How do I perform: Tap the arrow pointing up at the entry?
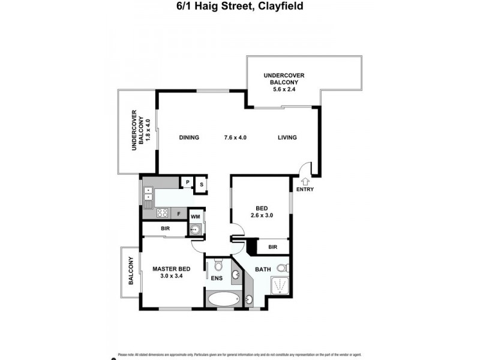(304, 181)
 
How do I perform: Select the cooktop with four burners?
(163, 212)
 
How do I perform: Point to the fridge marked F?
(179, 213)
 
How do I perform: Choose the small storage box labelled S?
(201, 184)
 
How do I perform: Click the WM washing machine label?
(195, 216)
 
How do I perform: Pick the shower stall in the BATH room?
(279, 287)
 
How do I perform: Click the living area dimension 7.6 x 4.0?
(235, 137)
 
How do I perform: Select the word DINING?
(189, 137)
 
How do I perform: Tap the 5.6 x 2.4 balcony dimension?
(284, 89)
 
